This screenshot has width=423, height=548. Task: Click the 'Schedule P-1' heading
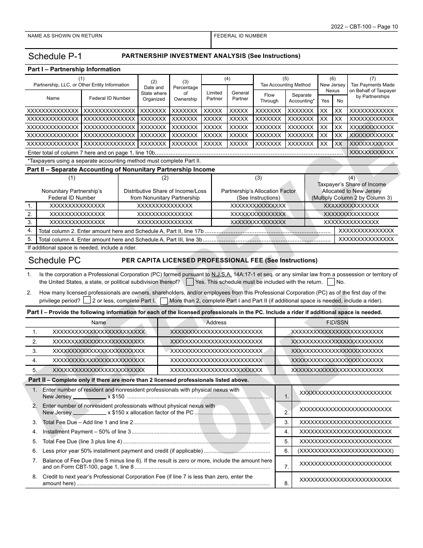pyautogui.click(x=55, y=56)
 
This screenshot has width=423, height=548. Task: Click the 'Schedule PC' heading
pyautogui.click(x=54, y=261)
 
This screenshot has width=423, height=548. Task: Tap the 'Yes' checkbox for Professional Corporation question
pyautogui.click(x=190, y=282)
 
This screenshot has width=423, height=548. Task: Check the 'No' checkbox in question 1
pyautogui.click(x=331, y=282)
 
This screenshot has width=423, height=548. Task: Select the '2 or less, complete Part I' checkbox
pyautogui.click(x=87, y=301)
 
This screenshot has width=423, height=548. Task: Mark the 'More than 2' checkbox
pyautogui.click(x=164, y=301)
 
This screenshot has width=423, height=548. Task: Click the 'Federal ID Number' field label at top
pyautogui.click(x=240, y=36)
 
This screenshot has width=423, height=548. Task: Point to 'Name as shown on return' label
pyautogui.click(x=65, y=36)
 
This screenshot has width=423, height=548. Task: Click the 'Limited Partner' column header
pyautogui.click(x=214, y=96)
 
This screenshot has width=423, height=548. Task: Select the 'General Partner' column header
pyautogui.click(x=240, y=96)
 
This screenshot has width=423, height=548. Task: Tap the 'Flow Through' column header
pyautogui.click(x=269, y=98)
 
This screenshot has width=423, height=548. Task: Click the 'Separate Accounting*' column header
pyautogui.click(x=301, y=98)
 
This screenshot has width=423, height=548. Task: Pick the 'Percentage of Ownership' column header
pyautogui.click(x=186, y=90)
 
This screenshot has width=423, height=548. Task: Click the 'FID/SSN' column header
pyautogui.click(x=337, y=323)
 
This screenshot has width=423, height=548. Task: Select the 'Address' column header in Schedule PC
pyautogui.click(x=216, y=323)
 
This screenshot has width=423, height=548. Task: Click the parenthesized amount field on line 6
pyautogui.click(x=346, y=451)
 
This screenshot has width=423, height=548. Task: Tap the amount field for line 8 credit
pyautogui.click(x=346, y=480)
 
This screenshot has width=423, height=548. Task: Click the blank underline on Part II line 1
pyautogui.click(x=89, y=397)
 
